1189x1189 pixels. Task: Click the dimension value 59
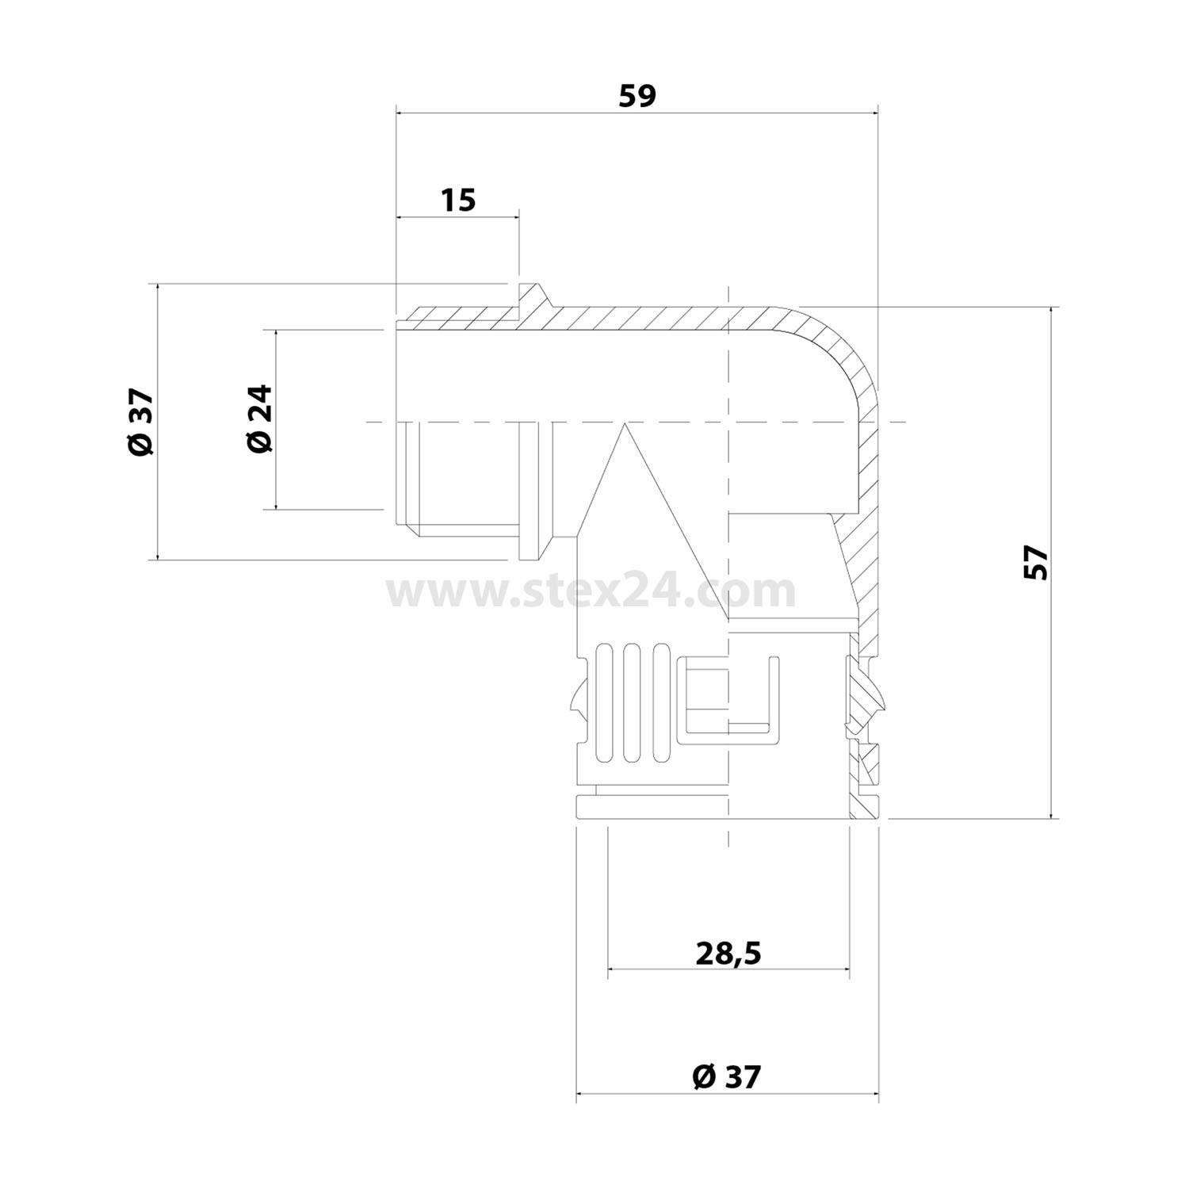[637, 96]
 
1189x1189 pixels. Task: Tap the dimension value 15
[458, 200]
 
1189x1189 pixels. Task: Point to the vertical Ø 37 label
[141, 422]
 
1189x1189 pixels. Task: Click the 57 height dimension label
[1035, 563]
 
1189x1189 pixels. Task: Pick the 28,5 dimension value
[728, 953]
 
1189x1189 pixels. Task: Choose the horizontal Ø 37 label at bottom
[726, 1076]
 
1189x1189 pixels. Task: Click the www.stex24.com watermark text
[591, 591]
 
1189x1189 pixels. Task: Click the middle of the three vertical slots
[632, 704]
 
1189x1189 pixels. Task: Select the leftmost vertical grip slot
[604, 704]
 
